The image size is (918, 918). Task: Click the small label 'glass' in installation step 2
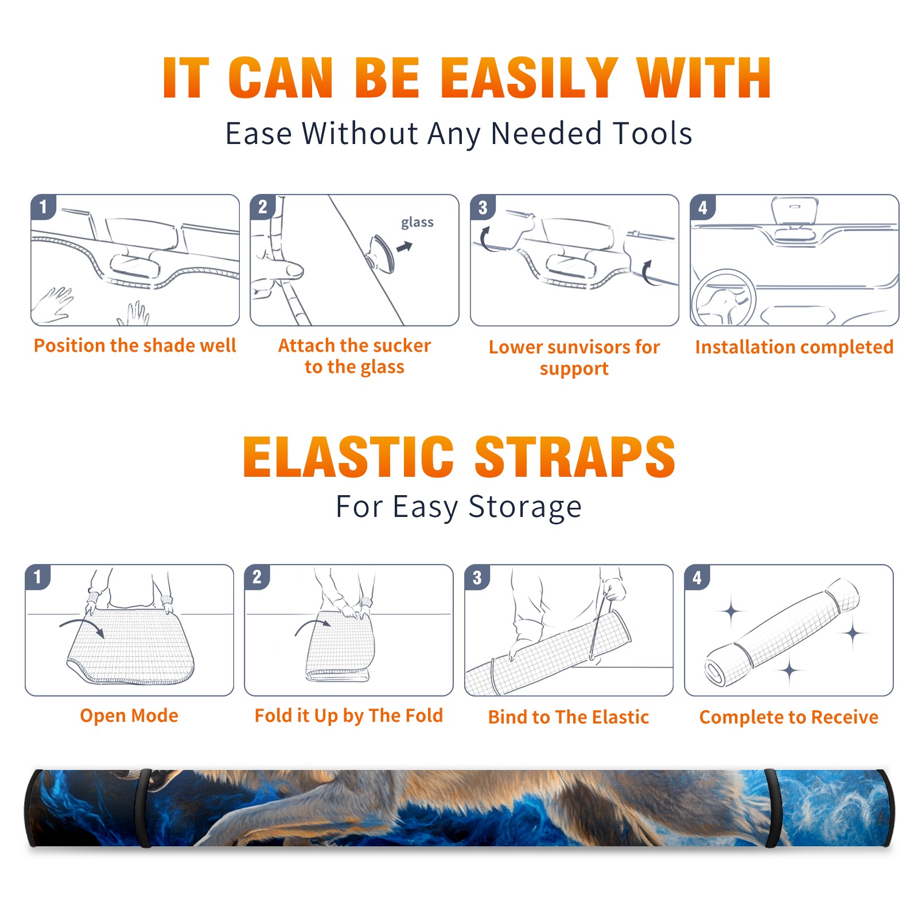click(417, 223)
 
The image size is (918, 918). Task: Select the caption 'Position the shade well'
click(135, 345)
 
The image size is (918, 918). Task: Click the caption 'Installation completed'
click(794, 347)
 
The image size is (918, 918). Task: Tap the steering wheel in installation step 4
click(724, 298)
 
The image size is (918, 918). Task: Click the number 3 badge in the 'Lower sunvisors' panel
click(483, 208)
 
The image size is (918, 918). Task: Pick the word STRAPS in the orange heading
click(575, 457)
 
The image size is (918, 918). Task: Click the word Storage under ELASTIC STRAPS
click(525, 507)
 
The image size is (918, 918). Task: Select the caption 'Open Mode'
click(129, 715)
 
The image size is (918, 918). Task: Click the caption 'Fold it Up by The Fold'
click(349, 716)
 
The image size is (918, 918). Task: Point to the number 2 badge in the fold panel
click(256, 577)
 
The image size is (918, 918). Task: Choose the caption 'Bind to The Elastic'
click(569, 717)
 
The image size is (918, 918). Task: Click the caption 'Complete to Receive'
click(789, 717)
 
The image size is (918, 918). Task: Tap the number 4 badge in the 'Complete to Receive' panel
click(697, 578)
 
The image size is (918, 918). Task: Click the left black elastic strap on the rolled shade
click(143, 808)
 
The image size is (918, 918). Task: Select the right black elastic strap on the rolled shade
click(773, 808)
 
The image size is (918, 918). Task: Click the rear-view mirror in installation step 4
click(794, 211)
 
